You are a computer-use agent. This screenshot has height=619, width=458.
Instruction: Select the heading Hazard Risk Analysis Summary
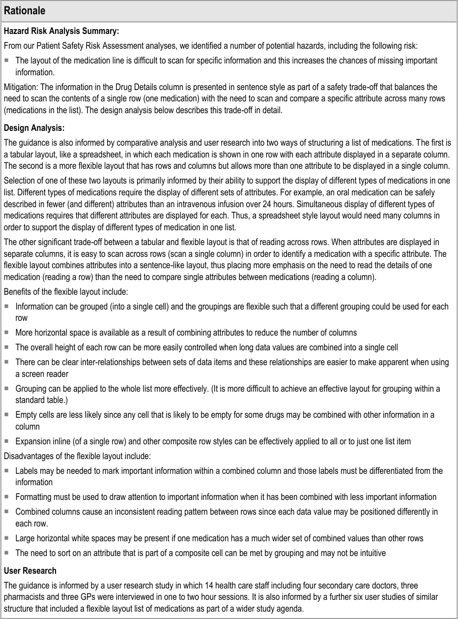click(x=61, y=31)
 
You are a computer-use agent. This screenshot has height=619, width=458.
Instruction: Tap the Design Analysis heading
click(x=34, y=128)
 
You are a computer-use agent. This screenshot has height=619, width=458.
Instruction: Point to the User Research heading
click(x=30, y=571)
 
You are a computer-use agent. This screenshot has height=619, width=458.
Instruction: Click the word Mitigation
click(x=20, y=87)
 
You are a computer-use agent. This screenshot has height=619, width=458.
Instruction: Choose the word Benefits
click(x=17, y=292)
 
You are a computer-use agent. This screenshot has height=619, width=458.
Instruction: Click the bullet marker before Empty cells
click(x=7, y=415)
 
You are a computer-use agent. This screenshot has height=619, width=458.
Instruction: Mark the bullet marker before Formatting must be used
click(x=7, y=497)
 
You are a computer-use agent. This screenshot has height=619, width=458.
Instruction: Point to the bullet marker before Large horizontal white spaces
click(x=7, y=538)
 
